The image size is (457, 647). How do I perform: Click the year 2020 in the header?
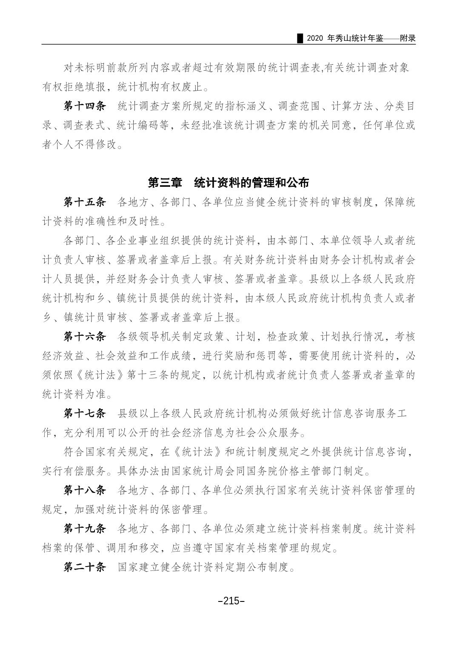point(315,38)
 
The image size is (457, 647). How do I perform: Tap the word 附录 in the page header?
point(407,38)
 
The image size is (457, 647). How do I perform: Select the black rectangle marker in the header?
point(300,38)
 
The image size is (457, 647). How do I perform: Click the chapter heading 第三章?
point(164,183)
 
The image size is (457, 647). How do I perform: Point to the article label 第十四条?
point(84,106)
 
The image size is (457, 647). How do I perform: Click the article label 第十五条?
point(84,202)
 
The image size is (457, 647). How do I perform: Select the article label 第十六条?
point(84,337)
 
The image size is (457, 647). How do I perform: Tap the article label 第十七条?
point(84,413)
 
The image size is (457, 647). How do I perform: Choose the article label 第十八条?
point(84,490)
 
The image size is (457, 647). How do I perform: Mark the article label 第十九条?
point(84,529)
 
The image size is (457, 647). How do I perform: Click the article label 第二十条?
point(84,567)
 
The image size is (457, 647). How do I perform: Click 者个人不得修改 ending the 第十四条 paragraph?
point(79,145)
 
